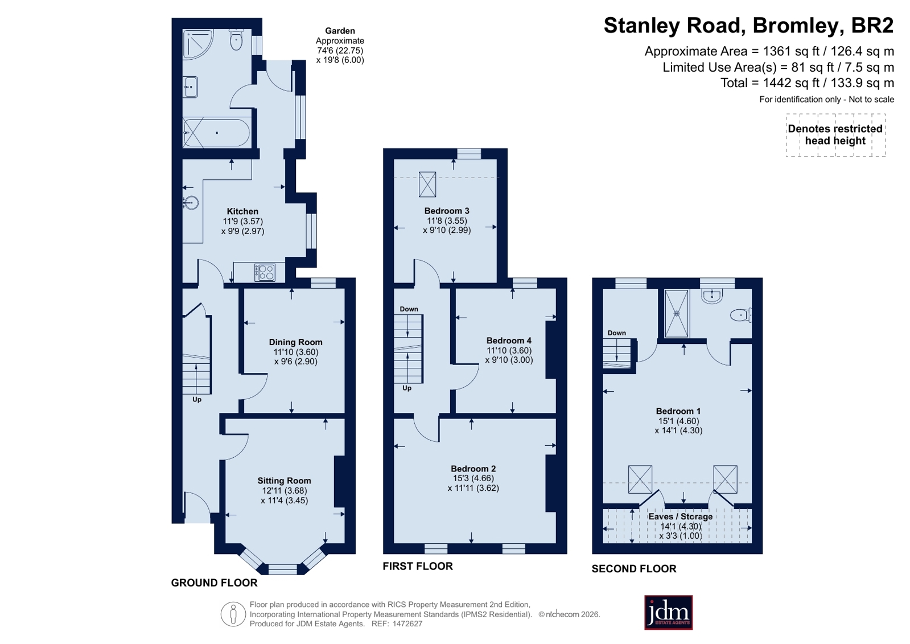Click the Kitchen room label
coord(242,211)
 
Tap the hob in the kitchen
coord(265,272)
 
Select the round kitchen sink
coord(191,203)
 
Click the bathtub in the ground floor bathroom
coord(216,133)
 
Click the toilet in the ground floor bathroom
coord(236,39)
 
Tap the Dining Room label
coord(296,342)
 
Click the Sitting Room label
coord(285,481)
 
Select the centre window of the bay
coord(283,569)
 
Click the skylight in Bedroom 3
coord(427,184)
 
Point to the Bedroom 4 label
coord(509,341)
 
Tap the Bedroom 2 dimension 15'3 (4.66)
coord(473,478)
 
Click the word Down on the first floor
coord(409,309)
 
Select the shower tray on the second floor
coord(677,314)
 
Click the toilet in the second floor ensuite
coord(741,315)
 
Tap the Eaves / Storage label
coord(681,517)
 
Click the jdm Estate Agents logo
coord(668,612)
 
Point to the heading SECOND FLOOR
coord(634,569)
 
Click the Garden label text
coord(340,31)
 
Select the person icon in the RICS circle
coord(233,614)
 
